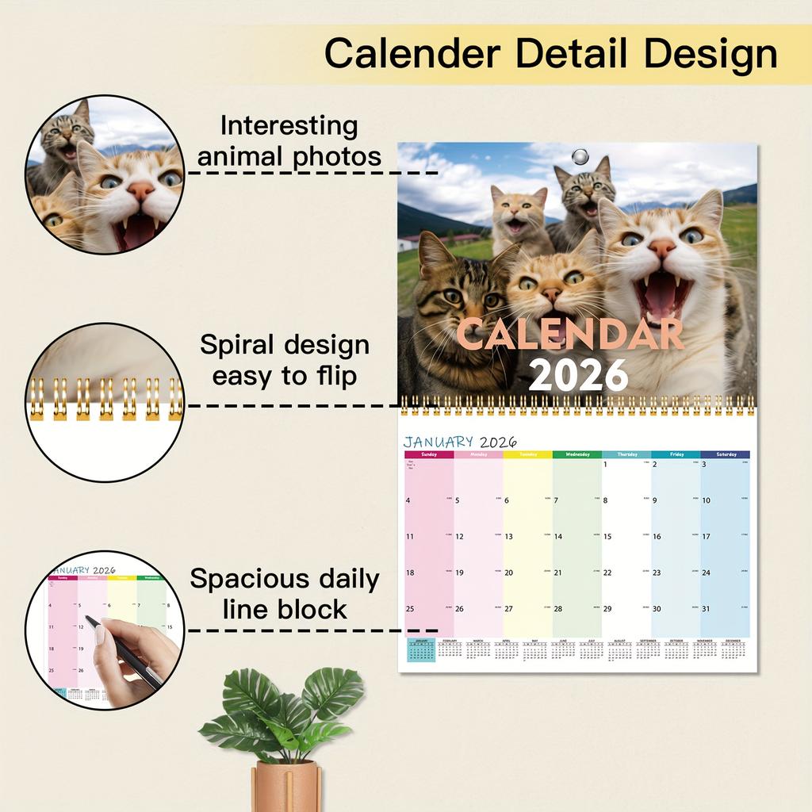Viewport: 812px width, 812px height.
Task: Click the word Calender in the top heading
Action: (411, 54)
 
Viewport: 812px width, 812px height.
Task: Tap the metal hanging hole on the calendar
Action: (582, 155)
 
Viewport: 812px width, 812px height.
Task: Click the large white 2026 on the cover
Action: (577, 374)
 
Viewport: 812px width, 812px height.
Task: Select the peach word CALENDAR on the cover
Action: (569, 333)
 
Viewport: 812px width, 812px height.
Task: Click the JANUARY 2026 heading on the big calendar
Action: (460, 442)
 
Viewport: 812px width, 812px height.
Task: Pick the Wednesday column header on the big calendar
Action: (576, 454)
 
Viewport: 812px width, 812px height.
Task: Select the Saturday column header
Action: (725, 454)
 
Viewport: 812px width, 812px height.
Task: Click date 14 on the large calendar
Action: (558, 537)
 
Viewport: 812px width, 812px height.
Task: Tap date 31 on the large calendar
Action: (706, 609)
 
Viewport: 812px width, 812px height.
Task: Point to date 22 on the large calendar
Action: (607, 573)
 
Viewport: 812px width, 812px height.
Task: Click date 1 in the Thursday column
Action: (605, 465)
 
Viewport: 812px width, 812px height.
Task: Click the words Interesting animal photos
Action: (289, 141)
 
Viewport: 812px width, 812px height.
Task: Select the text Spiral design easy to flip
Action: (285, 360)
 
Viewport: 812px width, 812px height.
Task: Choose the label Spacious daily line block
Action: (285, 594)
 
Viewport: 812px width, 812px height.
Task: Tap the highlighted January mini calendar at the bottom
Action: (421, 650)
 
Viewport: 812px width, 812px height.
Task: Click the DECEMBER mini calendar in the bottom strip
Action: (733, 649)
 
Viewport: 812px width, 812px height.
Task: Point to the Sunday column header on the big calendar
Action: (429, 454)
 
